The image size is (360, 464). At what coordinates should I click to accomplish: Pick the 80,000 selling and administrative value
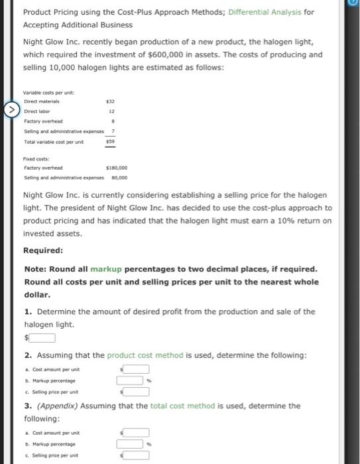coord(119,178)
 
